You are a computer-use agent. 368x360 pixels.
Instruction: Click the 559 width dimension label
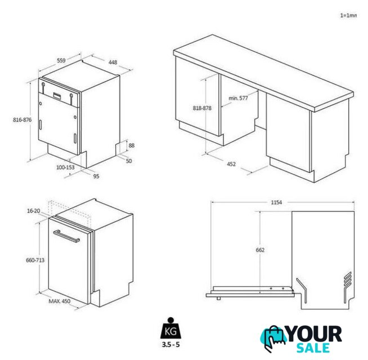pos(61,60)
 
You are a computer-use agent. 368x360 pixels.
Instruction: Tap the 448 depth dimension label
pos(113,62)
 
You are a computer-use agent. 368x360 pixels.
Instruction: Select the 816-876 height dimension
pos(22,120)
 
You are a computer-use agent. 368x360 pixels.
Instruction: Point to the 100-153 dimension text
pos(65,167)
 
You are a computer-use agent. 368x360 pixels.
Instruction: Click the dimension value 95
pos(96,176)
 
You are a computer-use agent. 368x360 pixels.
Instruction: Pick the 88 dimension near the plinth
pos(132,146)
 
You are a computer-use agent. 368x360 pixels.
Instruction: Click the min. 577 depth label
pos(238,98)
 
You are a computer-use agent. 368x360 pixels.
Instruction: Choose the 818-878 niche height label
pos(202,108)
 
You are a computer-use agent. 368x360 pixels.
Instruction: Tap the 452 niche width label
pos(231,164)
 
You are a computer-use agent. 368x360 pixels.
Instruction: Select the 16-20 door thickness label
pos(34,211)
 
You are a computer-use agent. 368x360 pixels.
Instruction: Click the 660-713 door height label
pos(35,260)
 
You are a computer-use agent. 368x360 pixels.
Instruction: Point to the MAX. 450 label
pos(60,301)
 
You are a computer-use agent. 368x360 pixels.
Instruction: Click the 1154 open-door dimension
pos(276,202)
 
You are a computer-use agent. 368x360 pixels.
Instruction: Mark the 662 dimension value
pos(260,250)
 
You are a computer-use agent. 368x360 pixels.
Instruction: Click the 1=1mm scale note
pos(348,16)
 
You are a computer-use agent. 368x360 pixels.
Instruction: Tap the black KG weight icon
pos(170,328)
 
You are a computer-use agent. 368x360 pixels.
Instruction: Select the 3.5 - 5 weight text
pos(170,344)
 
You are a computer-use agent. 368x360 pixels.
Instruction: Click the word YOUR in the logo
pos(315,334)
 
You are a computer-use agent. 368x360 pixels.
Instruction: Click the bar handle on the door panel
pos(66,236)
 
